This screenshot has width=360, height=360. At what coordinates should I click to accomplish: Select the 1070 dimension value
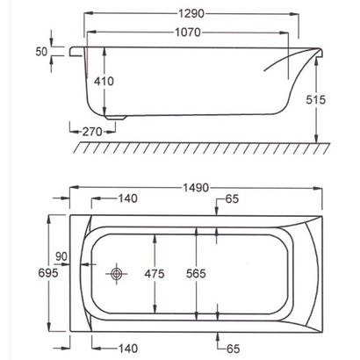tap(188, 33)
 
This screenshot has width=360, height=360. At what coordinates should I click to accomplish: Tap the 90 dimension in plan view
tap(60, 256)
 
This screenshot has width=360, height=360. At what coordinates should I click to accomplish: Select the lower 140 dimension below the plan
tap(128, 349)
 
